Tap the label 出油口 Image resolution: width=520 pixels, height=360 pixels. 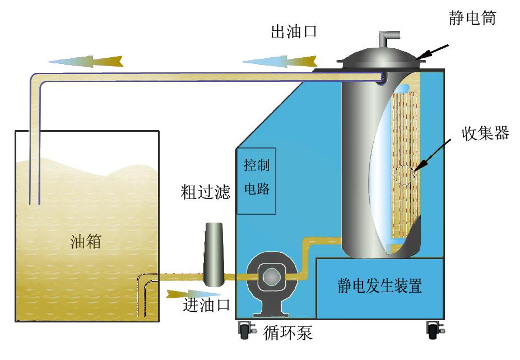(294, 31)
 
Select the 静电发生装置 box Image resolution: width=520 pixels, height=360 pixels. (380, 288)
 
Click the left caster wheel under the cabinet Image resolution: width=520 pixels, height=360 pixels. (244, 331)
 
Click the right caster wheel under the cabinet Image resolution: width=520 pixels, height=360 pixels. (432, 331)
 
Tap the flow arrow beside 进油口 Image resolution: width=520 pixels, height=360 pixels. (185, 293)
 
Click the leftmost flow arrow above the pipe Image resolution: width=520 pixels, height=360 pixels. (86, 60)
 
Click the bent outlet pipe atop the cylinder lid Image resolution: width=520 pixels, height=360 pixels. (386, 39)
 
